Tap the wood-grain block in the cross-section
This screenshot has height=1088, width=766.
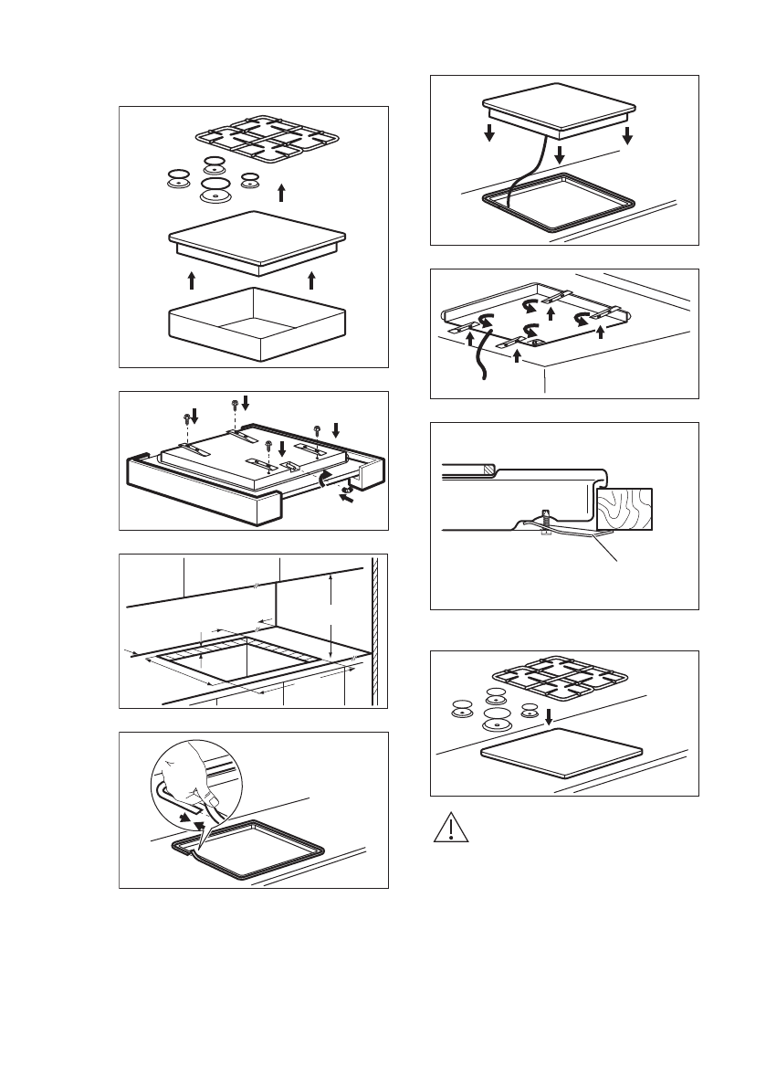tap(626, 510)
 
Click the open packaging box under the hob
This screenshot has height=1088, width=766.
tap(257, 323)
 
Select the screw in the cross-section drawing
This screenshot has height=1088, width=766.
tap(545, 522)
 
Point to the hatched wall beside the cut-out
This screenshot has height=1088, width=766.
tap(373, 630)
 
